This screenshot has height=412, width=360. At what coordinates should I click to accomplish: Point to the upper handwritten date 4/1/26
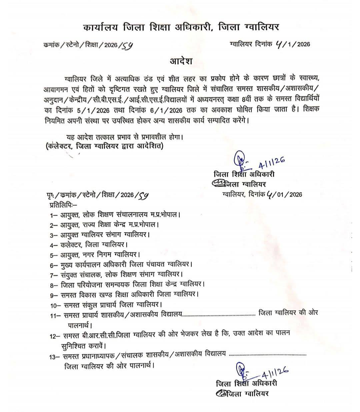coord(272,162)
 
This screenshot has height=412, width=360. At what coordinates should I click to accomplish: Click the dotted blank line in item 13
coord(268,355)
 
